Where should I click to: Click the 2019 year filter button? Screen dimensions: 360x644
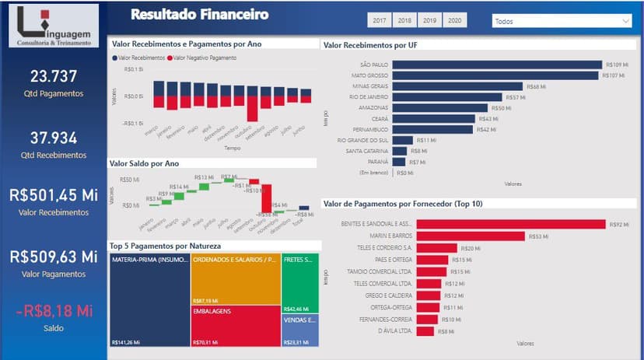(x=430, y=21)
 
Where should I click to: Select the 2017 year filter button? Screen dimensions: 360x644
(x=379, y=21)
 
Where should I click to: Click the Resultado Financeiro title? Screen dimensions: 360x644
(x=200, y=14)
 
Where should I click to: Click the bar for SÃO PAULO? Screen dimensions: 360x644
(x=497, y=65)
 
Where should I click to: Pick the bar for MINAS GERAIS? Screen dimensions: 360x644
(x=457, y=86)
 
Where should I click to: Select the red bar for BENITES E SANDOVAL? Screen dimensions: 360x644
(x=510, y=224)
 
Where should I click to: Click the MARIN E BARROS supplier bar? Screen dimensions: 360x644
(x=471, y=236)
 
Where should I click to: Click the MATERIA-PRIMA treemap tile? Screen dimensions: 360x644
(x=149, y=299)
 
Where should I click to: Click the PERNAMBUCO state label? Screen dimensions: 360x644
(x=369, y=129)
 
